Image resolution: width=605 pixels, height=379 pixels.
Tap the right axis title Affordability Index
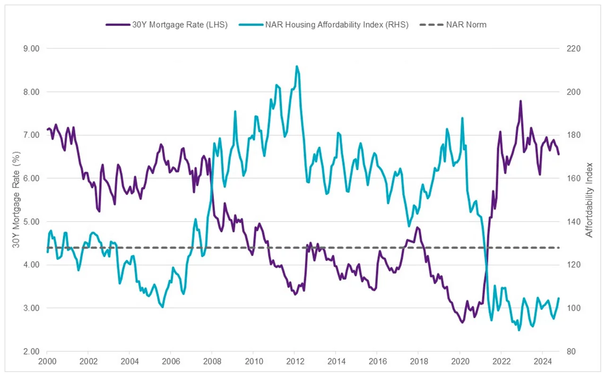pos(589,200)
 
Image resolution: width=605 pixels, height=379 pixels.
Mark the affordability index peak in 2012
pos(296,66)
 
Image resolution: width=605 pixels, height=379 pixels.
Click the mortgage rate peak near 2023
pos(520,101)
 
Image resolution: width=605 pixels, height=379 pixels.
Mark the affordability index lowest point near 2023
pos(519,330)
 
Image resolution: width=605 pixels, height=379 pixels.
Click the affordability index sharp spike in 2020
pos(462,118)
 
